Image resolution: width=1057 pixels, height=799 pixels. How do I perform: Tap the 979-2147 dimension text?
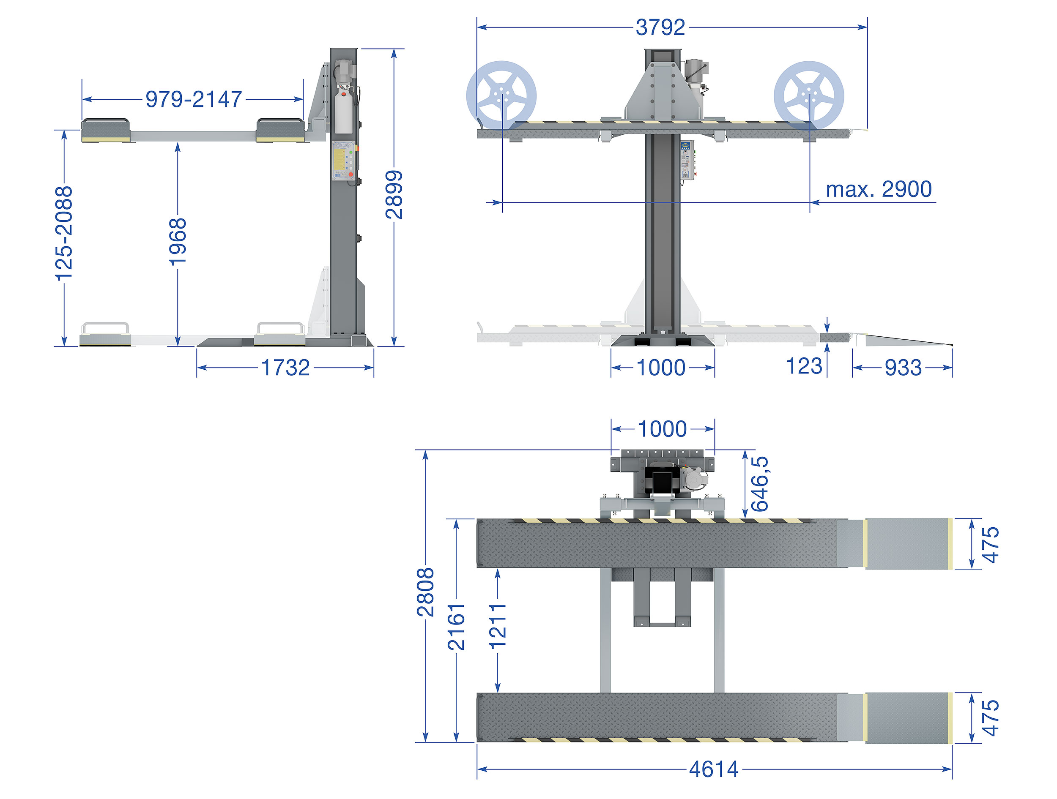(x=194, y=99)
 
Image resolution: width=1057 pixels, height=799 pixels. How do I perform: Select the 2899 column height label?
(x=394, y=194)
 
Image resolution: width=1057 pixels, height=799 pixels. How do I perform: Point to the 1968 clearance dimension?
(x=178, y=241)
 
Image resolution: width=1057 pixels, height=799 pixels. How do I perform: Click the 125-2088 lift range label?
(x=63, y=234)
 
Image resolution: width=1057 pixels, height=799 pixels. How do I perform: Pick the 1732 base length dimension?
(x=285, y=368)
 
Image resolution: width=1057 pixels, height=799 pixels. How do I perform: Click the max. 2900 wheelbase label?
(x=879, y=189)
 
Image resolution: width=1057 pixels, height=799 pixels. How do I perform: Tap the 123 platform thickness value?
(x=804, y=366)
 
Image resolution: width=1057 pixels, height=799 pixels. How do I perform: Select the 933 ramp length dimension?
(x=903, y=368)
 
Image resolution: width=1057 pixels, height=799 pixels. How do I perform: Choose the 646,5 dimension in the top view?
(x=760, y=483)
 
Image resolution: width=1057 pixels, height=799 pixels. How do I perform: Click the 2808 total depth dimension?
(x=425, y=592)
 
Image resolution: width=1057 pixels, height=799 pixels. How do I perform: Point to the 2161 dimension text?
(x=456, y=627)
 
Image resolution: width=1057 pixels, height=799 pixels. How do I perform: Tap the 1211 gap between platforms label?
(x=498, y=626)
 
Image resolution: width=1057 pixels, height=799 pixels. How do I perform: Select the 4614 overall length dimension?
(x=714, y=769)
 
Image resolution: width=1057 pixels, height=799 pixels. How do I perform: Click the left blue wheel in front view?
(x=501, y=95)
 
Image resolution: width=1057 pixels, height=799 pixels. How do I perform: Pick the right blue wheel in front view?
(x=809, y=95)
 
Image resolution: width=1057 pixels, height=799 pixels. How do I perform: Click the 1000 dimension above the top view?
(x=662, y=429)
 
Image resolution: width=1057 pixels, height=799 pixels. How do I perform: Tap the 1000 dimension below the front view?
(x=661, y=368)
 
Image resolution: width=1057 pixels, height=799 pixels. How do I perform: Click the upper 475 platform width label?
(x=990, y=545)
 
